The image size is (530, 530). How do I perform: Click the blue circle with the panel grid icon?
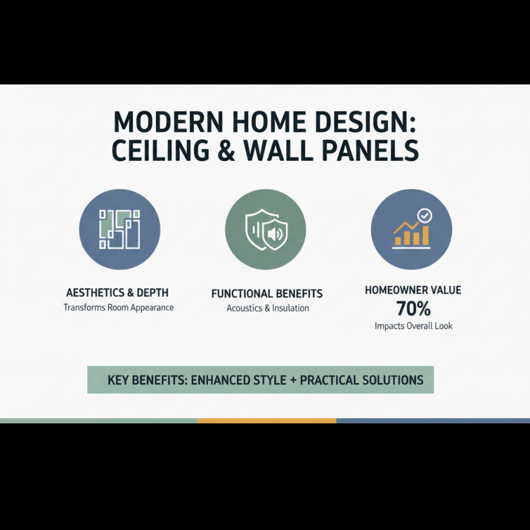coord(119,229)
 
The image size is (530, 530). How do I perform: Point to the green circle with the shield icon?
coord(266,229)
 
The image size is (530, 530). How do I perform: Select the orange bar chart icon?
coord(411,233)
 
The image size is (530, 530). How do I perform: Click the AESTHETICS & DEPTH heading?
coord(118,292)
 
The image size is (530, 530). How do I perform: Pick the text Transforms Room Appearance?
coord(118,307)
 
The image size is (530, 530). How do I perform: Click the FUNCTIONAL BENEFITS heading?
coord(267,293)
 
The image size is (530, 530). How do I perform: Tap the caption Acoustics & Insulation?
coord(267,308)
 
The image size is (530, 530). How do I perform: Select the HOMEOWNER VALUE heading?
coord(413,290)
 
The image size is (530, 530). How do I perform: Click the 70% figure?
coord(413,308)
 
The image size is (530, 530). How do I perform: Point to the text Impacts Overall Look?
coord(413,326)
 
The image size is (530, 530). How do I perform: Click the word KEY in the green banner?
coord(121,380)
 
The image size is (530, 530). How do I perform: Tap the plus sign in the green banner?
coord(291,380)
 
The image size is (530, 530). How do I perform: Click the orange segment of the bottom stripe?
coord(266,421)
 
